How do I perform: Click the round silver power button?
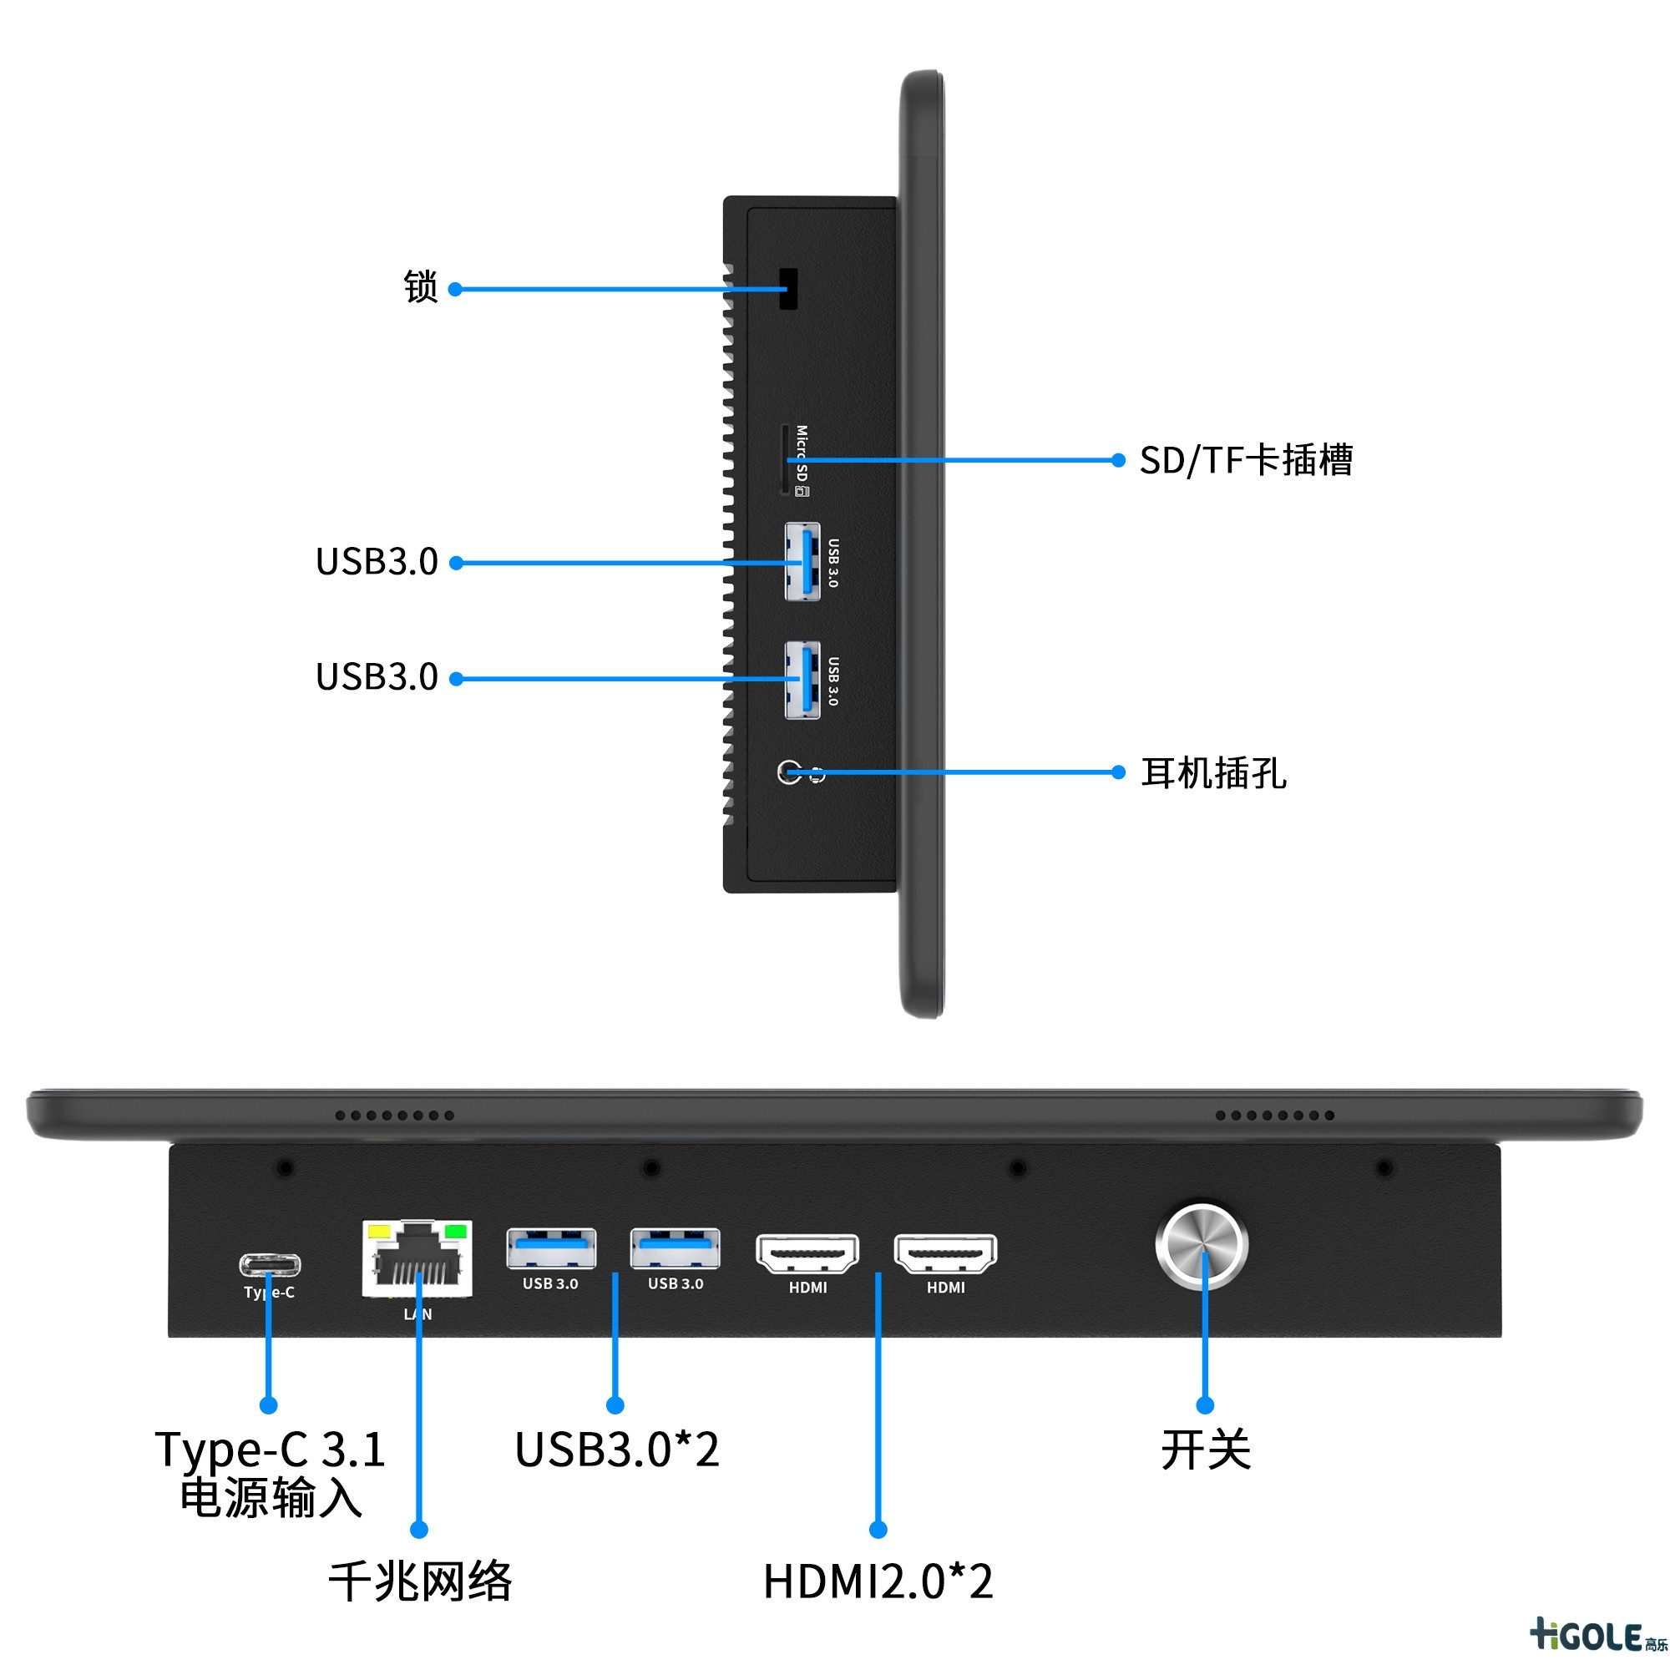coord(1202,1246)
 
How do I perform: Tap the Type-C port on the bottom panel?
coord(270,1266)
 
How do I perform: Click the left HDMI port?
coord(807,1253)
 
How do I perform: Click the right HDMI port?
coord(944,1253)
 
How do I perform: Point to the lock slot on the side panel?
coord(787,289)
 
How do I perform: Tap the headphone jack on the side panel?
coord(789,772)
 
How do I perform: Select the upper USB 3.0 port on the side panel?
coord(802,562)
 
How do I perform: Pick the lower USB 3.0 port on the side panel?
coord(802,680)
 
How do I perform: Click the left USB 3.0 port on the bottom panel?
coord(550,1248)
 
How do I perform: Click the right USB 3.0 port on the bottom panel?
coord(675,1248)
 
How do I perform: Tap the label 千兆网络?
coord(420,1581)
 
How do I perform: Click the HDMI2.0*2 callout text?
coord(878,1581)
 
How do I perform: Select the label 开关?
coord(1205,1450)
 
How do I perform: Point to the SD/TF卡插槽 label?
coord(1246,460)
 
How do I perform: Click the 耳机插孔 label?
coord(1213,772)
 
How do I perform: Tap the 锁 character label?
coord(421,287)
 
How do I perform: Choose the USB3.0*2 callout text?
coord(616,1450)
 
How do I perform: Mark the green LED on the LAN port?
coord(455,1231)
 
